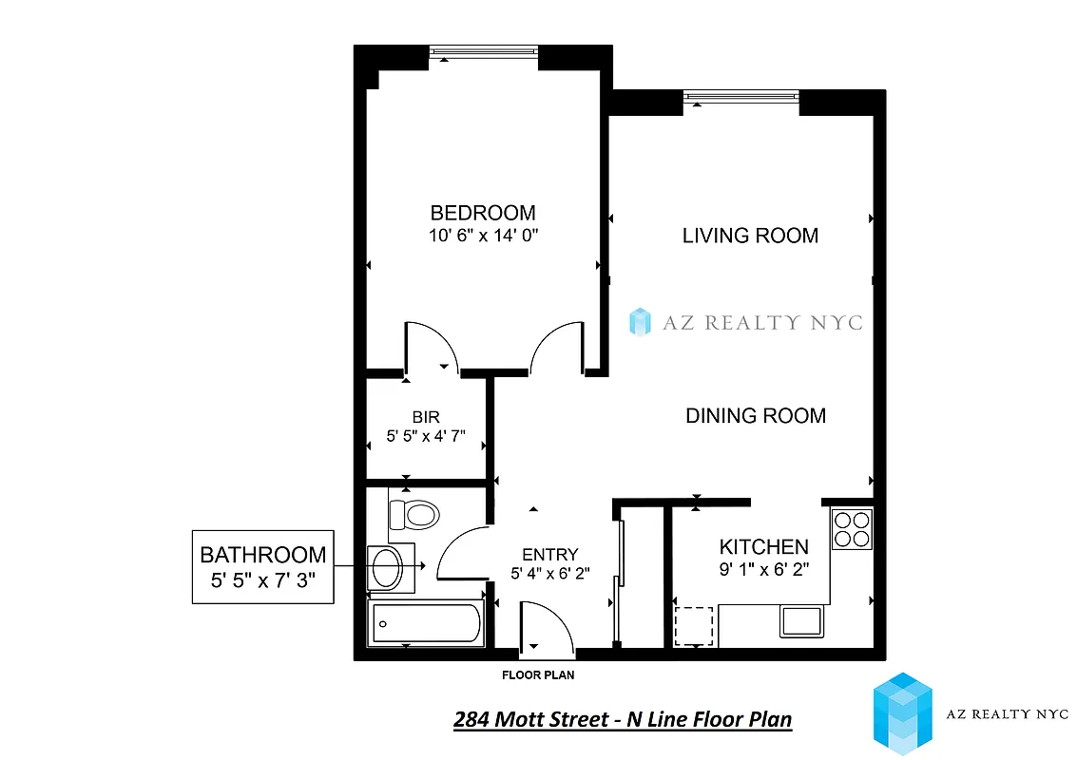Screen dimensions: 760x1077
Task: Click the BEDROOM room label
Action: pyautogui.click(x=483, y=213)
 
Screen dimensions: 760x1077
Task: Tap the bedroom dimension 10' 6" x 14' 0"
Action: pyautogui.click(x=483, y=236)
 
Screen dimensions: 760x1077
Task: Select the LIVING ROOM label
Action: pyautogui.click(x=750, y=236)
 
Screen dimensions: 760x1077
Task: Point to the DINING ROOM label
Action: pyautogui.click(x=756, y=415)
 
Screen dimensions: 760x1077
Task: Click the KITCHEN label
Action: pyautogui.click(x=763, y=547)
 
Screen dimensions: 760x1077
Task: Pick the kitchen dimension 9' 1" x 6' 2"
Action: pyautogui.click(x=763, y=571)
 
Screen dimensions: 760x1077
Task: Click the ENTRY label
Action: pyautogui.click(x=550, y=555)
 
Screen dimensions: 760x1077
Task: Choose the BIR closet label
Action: pyautogui.click(x=426, y=417)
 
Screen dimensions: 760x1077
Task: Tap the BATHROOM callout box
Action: pyautogui.click(x=262, y=566)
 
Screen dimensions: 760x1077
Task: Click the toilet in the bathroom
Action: pyautogui.click(x=414, y=516)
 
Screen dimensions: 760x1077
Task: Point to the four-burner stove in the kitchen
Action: pyautogui.click(x=851, y=529)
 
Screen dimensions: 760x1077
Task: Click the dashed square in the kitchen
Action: pyautogui.click(x=694, y=626)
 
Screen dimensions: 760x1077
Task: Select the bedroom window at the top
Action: pyautogui.click(x=483, y=54)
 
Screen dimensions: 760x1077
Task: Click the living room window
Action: pyautogui.click(x=740, y=96)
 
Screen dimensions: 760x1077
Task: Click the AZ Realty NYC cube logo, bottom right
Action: pyautogui.click(x=902, y=713)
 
